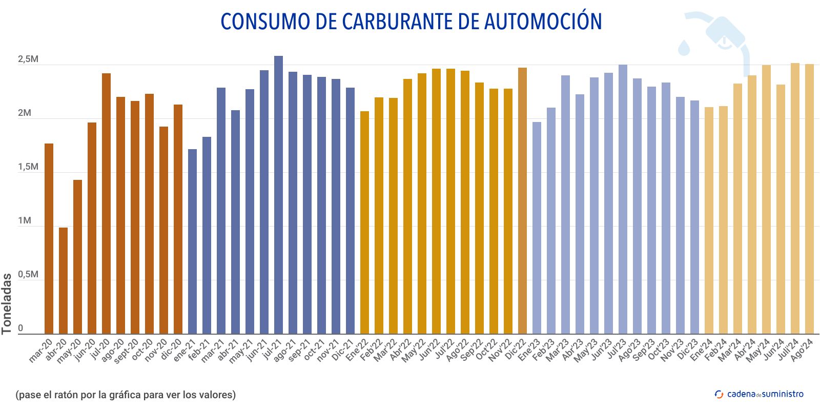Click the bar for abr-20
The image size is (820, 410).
tap(63, 281)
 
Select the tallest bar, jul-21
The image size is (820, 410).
tap(278, 195)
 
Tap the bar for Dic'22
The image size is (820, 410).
tap(522, 201)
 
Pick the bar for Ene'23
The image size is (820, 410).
tap(537, 228)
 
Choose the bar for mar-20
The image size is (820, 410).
tap(49, 239)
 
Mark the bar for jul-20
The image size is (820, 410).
tap(106, 203)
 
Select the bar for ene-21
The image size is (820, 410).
tap(192, 241)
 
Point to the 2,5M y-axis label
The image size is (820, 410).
tap(28, 59)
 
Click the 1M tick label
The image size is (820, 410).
tap(25, 221)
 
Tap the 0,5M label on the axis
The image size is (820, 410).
tap(28, 275)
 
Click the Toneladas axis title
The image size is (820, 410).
tap(7, 303)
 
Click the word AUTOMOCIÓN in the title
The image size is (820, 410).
tap(543, 22)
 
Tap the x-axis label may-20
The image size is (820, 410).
tap(70, 351)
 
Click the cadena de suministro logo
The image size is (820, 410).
tap(759, 394)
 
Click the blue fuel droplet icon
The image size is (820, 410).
tap(684, 47)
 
